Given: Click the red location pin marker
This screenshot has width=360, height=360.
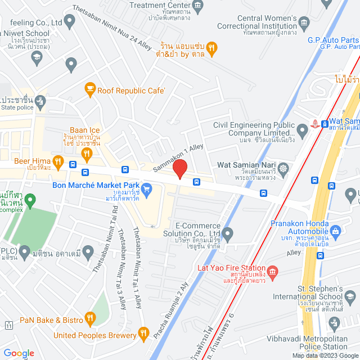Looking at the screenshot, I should pyautogui.click(x=179, y=169).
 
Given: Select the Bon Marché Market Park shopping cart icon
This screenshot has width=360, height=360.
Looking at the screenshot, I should pyautogui.click(x=147, y=189).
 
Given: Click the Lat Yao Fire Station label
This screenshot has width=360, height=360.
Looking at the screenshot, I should pyautogui.click(x=231, y=268).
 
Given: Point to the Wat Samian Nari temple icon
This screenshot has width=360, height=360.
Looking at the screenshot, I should pyautogui.click(x=283, y=168).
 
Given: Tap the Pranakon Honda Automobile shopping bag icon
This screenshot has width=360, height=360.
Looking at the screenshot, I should pyautogui.click(x=336, y=230).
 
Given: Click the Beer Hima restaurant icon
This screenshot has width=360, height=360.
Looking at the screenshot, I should pyautogui.click(x=57, y=164).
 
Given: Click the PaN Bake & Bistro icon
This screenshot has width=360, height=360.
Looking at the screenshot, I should pyautogui.click(x=89, y=320).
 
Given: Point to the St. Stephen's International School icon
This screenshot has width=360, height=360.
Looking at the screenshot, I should pyautogui.click(x=349, y=296).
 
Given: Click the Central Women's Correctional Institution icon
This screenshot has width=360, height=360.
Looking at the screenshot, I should pyautogui.click(x=304, y=23).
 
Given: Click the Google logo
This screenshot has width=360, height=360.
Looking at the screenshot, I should pyautogui.click(x=19, y=353).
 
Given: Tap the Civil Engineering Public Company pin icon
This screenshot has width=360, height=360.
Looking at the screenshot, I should pyautogui.click(x=302, y=130).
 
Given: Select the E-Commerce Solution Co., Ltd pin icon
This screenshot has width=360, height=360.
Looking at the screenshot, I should pyautogui.click(x=227, y=232).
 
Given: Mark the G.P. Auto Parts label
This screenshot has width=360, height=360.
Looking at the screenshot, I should pyautogui.click(x=332, y=40).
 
